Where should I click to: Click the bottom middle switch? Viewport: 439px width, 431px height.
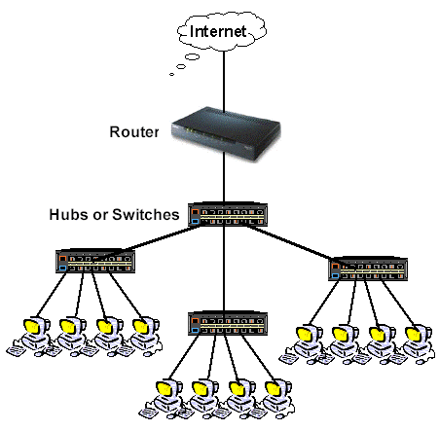point(225,322)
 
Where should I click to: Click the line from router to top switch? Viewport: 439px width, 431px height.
point(225,180)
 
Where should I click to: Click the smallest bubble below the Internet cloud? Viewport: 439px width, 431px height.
point(172,72)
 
